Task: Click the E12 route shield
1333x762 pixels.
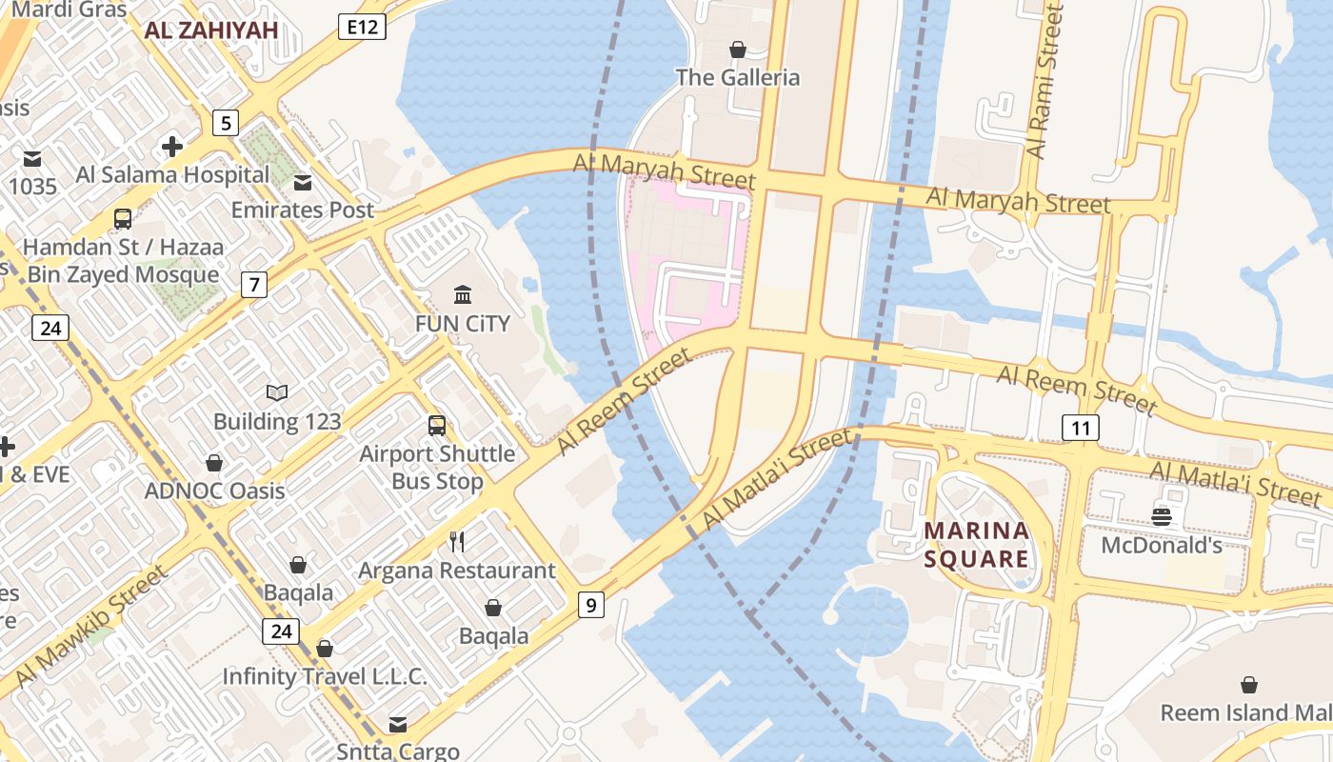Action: pos(362,27)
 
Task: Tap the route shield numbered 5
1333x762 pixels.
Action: pos(225,123)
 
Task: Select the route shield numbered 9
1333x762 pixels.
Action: pos(591,604)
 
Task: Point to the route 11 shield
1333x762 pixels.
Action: pos(1081,428)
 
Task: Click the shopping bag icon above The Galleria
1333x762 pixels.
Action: pos(737,50)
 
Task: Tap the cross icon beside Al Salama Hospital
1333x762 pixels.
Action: pos(172,147)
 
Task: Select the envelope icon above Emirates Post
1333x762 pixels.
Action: pos(303,182)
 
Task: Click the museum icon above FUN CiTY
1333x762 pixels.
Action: pos(463,294)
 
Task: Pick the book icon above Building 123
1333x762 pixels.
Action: pos(277,392)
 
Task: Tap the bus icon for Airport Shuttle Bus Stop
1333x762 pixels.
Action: pos(436,426)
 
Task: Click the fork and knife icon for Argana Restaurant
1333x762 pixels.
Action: pos(457,542)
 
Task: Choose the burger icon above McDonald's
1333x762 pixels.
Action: pos(1161,516)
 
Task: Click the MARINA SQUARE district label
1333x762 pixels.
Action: pos(976,544)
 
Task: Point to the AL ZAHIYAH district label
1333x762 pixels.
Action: pos(211,30)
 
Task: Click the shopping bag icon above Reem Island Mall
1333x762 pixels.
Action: pos(1248,685)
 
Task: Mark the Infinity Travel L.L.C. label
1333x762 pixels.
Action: pos(324,676)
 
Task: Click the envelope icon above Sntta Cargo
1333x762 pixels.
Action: pos(398,725)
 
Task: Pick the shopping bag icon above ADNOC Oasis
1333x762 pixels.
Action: pos(214,463)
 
